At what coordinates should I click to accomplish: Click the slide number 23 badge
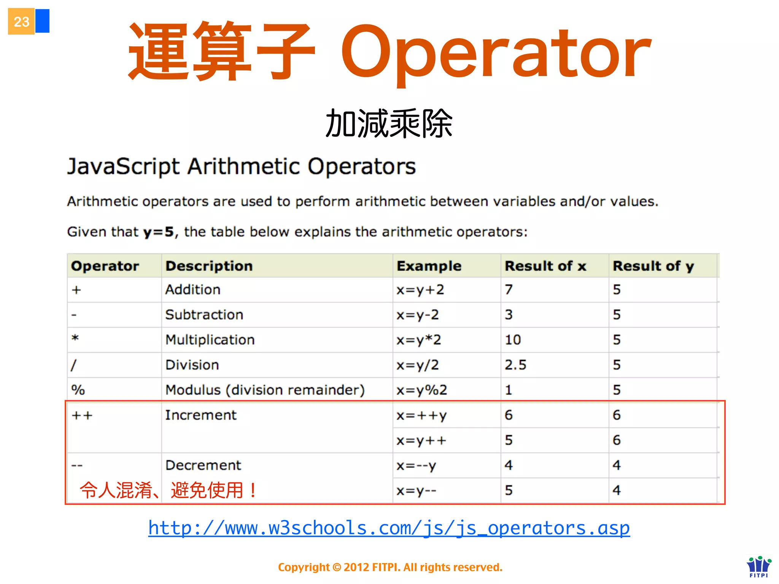(21, 22)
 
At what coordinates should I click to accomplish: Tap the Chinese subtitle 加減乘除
(389, 124)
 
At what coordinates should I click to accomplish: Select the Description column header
(209, 266)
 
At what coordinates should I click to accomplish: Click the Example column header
(429, 266)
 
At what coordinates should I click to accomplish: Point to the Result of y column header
(653, 266)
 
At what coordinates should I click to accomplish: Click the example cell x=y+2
(420, 290)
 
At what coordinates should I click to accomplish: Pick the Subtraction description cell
(204, 315)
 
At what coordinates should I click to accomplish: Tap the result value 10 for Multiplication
(513, 340)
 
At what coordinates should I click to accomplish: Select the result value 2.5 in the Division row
(515, 365)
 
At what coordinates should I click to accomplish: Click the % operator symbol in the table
(78, 390)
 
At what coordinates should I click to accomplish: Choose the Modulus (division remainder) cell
(265, 390)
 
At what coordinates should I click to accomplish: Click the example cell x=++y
(421, 416)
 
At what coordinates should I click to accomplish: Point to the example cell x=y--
(416, 491)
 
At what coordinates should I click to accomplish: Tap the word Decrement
(203, 465)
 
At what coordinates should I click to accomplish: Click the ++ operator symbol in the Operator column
(82, 416)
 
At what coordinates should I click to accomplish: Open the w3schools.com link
(389, 528)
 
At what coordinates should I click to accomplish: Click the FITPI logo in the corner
(758, 567)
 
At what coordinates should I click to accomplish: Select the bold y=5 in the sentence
(158, 232)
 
